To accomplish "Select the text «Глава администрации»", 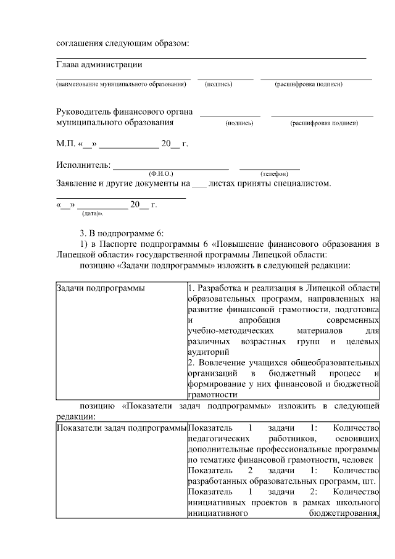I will [x=99, y=64].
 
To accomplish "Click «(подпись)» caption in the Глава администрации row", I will [x=218, y=84].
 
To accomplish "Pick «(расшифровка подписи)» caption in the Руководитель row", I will [x=323, y=123].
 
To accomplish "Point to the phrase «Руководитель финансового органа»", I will [x=124, y=112].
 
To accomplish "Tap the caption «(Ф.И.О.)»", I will [x=161, y=173].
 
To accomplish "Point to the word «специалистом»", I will [x=302, y=183].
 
